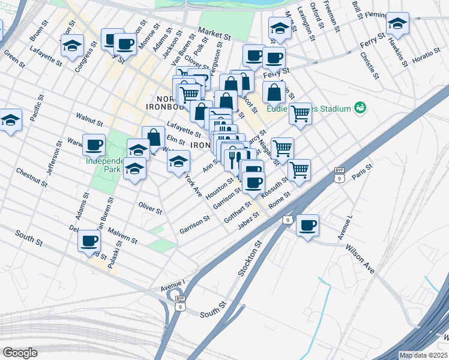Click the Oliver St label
click(x=150, y=210)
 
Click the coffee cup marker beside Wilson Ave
click(x=307, y=225)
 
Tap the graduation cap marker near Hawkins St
click(x=397, y=23)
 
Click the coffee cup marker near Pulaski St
click(x=89, y=241)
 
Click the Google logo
click(x=20, y=352)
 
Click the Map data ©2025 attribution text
click(x=423, y=355)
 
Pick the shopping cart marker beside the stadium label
click(x=300, y=113)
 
